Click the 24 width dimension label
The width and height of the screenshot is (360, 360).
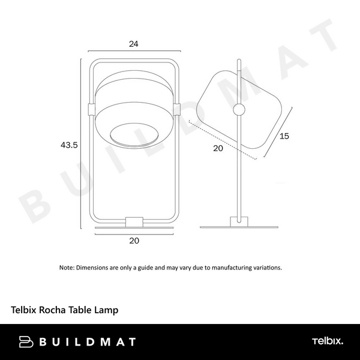[x=134, y=44]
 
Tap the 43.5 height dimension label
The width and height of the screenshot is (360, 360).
[x=69, y=145]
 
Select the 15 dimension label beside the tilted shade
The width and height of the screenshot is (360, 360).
[x=284, y=136]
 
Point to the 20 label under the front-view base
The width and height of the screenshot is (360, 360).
[x=134, y=241]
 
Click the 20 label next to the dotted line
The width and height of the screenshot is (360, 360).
[x=218, y=148]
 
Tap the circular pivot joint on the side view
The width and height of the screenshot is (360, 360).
[x=239, y=110]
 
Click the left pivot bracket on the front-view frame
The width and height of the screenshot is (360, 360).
[x=91, y=110]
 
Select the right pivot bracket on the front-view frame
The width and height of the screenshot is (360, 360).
[x=177, y=109]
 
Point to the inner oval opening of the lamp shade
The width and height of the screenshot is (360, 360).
[x=134, y=136]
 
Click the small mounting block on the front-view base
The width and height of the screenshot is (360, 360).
[x=134, y=222]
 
